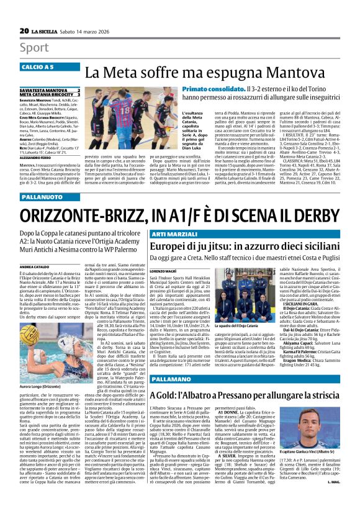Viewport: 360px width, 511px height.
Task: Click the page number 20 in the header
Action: click(24, 30)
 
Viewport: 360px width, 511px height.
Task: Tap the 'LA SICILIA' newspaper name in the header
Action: click(47, 31)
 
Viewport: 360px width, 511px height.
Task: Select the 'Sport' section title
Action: click(34, 47)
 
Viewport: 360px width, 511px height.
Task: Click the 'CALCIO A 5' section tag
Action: click(37, 66)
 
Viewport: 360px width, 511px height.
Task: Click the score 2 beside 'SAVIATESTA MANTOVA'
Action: click(78, 91)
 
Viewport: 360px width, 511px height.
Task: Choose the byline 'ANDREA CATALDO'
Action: click(34, 249)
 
